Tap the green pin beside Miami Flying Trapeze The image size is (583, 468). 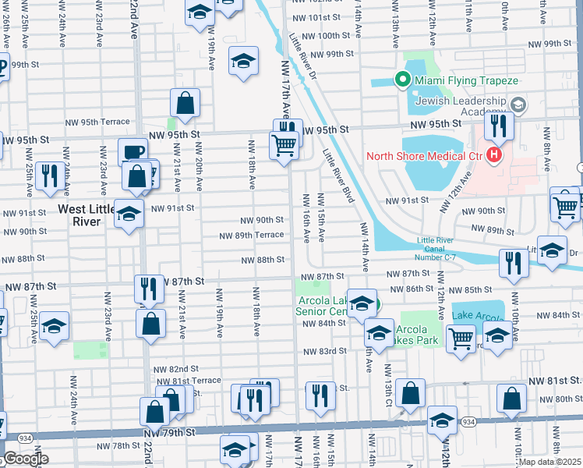pyautogui.click(x=403, y=79)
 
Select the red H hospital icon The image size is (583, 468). pyautogui.click(x=493, y=156)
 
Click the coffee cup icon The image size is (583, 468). pyautogui.click(x=131, y=152)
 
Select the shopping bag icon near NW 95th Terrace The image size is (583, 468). pyautogui.click(x=185, y=103)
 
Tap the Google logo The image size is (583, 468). pyautogui.click(x=25, y=459)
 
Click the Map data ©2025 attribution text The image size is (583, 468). pyautogui.click(x=549, y=462)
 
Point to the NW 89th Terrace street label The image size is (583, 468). pyautogui.click(x=251, y=235)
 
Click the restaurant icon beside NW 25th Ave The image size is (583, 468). pyautogui.click(x=50, y=176)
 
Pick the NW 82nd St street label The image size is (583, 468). pyautogui.click(x=175, y=369)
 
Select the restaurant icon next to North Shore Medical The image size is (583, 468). pyautogui.click(x=498, y=126)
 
